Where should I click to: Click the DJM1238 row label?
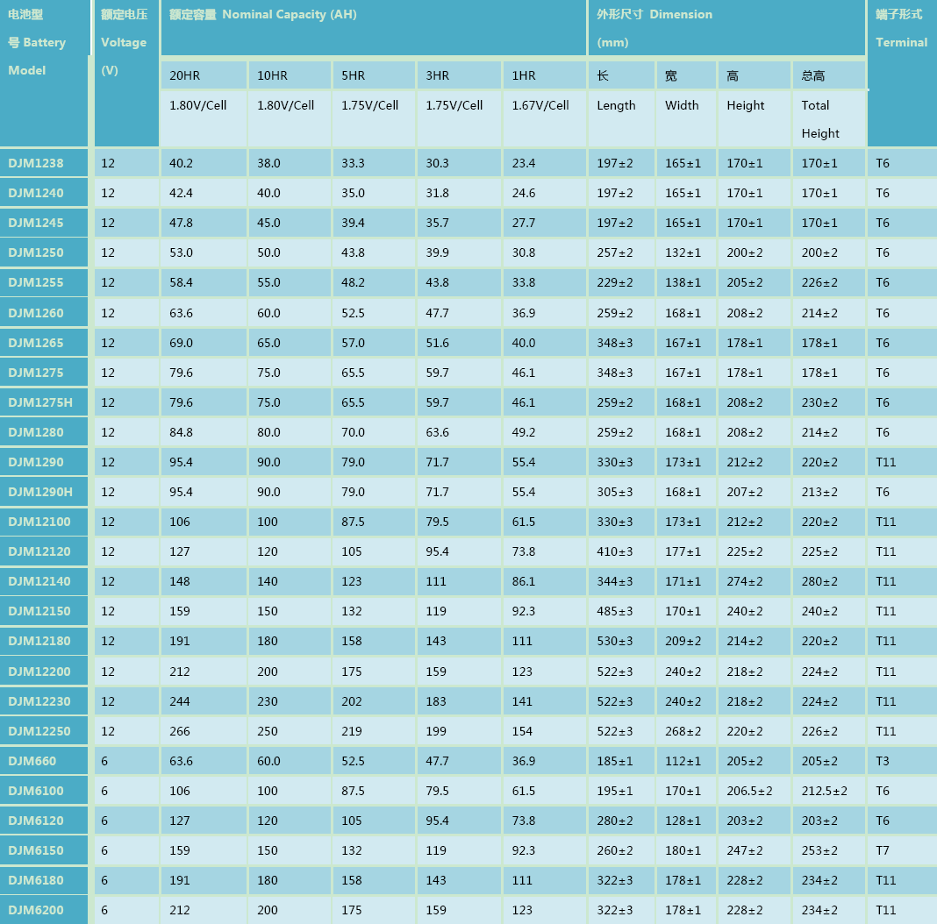tap(36, 163)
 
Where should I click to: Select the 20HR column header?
tap(184, 76)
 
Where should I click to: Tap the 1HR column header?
tap(524, 76)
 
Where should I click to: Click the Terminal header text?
tap(901, 42)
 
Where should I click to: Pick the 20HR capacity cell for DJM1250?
tap(181, 252)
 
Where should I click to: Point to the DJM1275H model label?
tap(40, 402)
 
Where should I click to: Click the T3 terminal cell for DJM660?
tap(883, 761)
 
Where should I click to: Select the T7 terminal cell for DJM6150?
tap(883, 850)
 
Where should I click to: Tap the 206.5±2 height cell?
tap(749, 791)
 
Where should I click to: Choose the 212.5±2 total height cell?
tap(824, 791)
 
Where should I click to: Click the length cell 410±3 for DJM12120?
tap(615, 551)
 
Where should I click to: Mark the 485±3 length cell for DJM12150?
tap(615, 611)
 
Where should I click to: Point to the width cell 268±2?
tap(683, 731)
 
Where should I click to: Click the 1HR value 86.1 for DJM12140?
tap(524, 581)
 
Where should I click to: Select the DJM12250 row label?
tap(39, 731)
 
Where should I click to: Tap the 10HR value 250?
tap(268, 731)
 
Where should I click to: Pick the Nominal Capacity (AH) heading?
tap(290, 14)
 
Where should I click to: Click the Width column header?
tap(682, 105)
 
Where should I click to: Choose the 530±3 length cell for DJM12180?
tap(615, 641)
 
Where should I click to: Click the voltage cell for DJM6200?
tap(104, 910)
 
